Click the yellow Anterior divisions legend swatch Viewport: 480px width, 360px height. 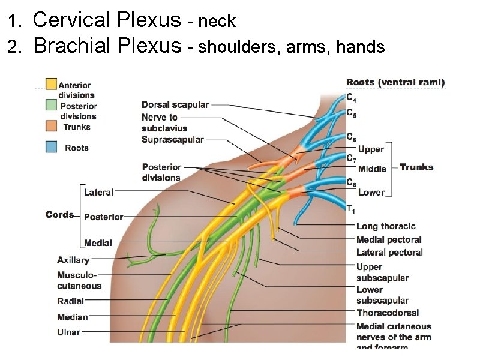point(52,84)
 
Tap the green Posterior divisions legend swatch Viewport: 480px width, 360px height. point(52,105)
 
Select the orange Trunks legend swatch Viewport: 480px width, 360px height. point(52,126)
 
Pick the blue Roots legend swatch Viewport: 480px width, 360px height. point(52,147)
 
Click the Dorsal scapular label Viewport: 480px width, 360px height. point(175,104)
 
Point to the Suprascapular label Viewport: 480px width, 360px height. point(173,140)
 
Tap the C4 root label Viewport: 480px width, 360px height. point(351,98)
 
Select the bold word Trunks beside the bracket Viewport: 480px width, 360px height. point(416,167)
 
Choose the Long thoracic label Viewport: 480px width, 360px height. point(386,226)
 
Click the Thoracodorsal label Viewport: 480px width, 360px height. point(388,313)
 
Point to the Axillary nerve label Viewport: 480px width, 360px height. point(73,260)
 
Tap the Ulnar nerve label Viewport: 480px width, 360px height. point(68,332)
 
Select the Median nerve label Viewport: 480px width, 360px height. point(73,317)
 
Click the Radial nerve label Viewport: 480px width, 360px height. point(71,301)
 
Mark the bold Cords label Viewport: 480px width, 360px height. point(60,215)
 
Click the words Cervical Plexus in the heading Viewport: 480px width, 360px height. point(106,20)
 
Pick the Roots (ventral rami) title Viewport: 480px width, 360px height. point(395,82)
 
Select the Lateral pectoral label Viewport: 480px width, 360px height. point(389,253)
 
